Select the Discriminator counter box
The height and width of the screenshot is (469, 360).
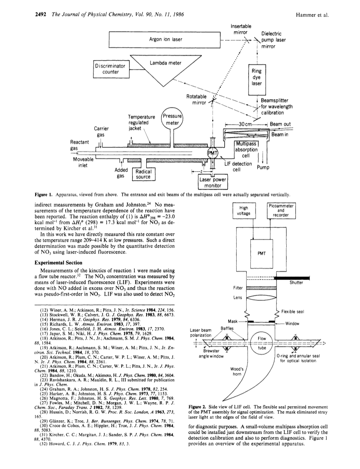(111, 69)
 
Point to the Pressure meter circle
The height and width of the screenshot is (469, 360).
(172, 119)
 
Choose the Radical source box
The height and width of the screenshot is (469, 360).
(144, 174)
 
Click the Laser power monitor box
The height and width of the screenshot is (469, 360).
(212, 182)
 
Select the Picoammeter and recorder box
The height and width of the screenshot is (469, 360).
(281, 211)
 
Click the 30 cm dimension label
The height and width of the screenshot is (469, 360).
(245, 124)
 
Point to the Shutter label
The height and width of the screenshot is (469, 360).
(296, 282)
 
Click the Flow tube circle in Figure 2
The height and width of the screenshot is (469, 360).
(262, 343)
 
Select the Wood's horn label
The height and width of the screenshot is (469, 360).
(237, 372)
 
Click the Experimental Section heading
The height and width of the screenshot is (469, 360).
(58, 263)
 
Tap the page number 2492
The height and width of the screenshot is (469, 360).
(40, 14)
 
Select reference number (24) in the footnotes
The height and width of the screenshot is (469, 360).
(44, 389)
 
